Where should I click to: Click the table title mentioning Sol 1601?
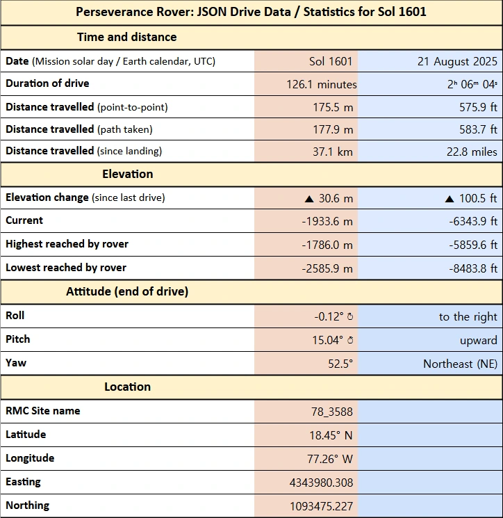click(x=251, y=13)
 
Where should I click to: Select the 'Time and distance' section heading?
click(x=126, y=38)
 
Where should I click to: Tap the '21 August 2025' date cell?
click(x=457, y=61)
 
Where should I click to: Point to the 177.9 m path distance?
click(x=333, y=129)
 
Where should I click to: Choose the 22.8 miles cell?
click(x=472, y=152)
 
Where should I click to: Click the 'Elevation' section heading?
click(x=127, y=174)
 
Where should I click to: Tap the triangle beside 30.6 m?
click(x=309, y=199)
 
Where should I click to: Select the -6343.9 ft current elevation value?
click(x=468, y=221)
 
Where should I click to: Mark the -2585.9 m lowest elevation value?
click(x=327, y=268)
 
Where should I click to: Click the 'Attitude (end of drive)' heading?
click(x=127, y=292)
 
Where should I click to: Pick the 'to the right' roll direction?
click(x=468, y=317)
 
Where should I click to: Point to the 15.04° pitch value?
click(x=329, y=341)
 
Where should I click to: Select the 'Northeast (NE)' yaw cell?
click(x=460, y=364)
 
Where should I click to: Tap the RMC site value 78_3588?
click(x=331, y=412)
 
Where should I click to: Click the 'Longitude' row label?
click(x=30, y=458)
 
